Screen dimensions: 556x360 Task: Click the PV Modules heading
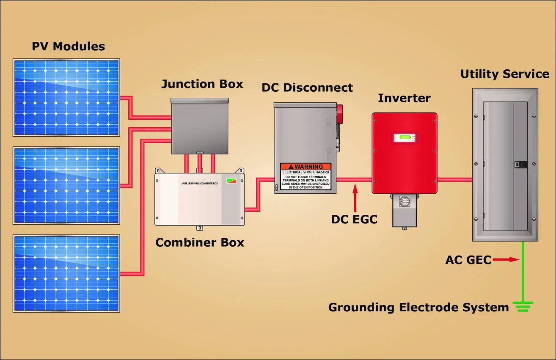68,47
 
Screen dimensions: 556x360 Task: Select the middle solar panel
66,185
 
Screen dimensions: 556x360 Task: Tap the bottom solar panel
66,273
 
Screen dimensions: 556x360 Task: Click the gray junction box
200,126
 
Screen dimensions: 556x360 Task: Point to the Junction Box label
202,84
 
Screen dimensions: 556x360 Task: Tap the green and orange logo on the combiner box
231,181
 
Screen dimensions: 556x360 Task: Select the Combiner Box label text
200,242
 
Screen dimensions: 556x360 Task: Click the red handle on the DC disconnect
339,114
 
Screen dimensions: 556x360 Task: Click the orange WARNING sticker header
306,167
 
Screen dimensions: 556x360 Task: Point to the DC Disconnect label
307,88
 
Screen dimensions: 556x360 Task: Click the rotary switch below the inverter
405,201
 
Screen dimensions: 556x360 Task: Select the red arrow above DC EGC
355,198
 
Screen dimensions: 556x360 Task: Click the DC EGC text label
354,219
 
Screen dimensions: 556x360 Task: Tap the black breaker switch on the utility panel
520,165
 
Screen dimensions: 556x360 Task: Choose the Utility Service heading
505,74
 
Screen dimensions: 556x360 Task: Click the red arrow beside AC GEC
506,259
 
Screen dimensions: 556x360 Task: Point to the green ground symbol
523,307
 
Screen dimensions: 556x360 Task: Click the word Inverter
405,98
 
